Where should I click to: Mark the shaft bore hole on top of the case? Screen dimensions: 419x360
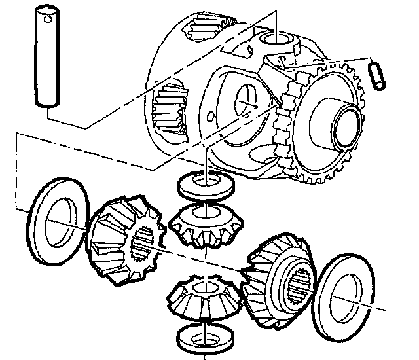(x=278, y=43)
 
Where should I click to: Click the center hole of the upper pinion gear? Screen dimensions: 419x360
(x=205, y=214)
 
